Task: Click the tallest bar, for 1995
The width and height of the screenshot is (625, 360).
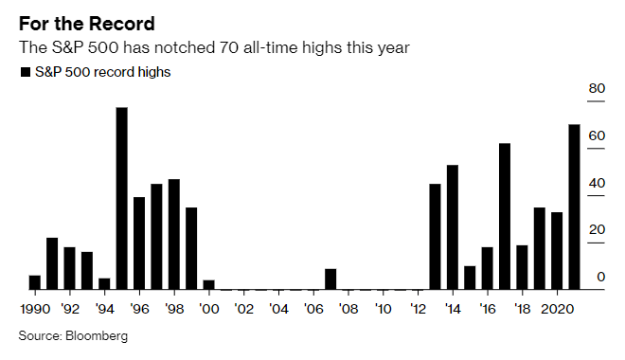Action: point(122,198)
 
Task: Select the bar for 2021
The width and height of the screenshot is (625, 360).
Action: point(574,207)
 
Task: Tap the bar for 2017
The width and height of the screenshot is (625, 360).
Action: point(505,216)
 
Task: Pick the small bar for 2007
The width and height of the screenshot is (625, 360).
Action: point(330,279)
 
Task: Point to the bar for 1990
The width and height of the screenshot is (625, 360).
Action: point(35,282)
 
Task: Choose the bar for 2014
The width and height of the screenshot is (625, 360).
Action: point(453,227)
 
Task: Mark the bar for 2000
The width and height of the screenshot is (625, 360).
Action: point(209,284)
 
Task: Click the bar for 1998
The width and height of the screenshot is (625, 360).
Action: point(174,234)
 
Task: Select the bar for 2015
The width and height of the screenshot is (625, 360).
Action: point(470,278)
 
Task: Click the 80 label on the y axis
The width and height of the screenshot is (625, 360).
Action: point(597,88)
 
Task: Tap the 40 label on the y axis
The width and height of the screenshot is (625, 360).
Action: point(597,183)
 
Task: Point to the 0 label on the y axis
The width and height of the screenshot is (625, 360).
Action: point(601,277)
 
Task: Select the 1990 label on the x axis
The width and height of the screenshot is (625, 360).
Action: point(35,309)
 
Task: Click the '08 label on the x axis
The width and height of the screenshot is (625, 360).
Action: point(348,309)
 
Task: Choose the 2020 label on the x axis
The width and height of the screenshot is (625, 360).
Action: point(557,309)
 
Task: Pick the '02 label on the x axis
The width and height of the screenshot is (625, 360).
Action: point(243,309)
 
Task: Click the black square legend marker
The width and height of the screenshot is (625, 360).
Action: point(26,72)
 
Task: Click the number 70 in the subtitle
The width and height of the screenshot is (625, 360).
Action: point(229,47)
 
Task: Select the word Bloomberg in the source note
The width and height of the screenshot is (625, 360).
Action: point(97,335)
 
